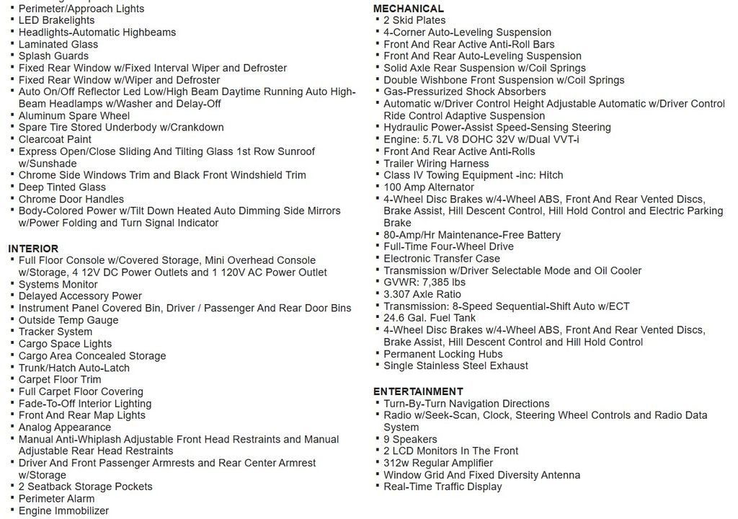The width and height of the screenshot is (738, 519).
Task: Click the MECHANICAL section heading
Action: coord(408,9)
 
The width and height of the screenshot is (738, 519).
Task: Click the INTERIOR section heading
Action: coord(33,249)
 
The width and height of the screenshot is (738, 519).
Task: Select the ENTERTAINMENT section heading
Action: coord(418,391)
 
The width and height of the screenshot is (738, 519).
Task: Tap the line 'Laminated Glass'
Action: coord(58,44)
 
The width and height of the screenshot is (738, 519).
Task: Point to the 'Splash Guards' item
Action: coord(53,56)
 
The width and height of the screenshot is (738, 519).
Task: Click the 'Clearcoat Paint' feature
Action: coord(55,139)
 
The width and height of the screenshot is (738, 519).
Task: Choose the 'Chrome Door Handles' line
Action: coord(71,199)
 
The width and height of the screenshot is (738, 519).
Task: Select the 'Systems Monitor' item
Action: coord(58,284)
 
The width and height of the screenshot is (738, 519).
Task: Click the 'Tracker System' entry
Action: coord(55,332)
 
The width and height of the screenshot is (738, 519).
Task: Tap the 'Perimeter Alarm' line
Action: coord(56,499)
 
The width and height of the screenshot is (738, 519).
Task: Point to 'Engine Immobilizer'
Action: coord(63,511)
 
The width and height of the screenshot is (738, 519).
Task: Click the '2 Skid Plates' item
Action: coord(414,20)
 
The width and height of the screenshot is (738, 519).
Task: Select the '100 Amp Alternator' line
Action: coord(429,187)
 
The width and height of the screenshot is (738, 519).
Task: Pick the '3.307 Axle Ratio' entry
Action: coord(422,294)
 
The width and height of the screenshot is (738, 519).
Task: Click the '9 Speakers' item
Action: coord(410,439)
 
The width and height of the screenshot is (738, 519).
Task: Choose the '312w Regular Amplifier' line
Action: coord(438,463)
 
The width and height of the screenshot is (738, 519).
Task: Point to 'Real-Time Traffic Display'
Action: coord(443,487)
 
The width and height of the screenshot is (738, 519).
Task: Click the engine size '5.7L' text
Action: coord(430,139)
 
